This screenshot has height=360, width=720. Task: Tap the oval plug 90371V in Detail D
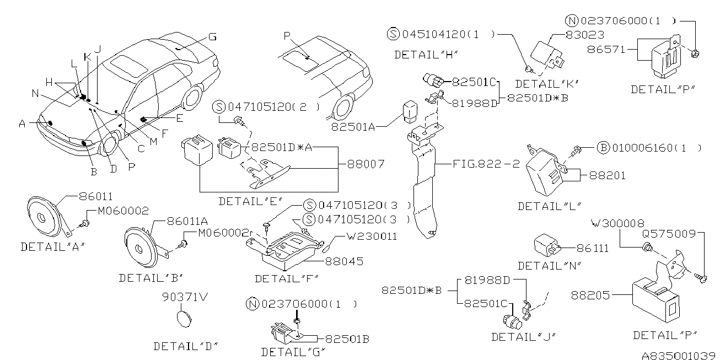pyautogui.click(x=183, y=319)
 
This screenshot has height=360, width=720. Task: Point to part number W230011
pyautogui.click(x=372, y=237)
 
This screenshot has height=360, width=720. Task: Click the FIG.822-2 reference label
pyautogui.click(x=485, y=164)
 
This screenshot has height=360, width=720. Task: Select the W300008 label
pyautogui.click(x=617, y=223)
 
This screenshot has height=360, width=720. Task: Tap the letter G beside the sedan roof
pyautogui.click(x=212, y=37)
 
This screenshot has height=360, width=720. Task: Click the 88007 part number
pyautogui.click(x=366, y=164)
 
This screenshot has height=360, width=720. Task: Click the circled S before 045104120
pyautogui.click(x=393, y=34)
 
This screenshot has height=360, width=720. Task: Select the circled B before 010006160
pyautogui.click(x=603, y=148)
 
